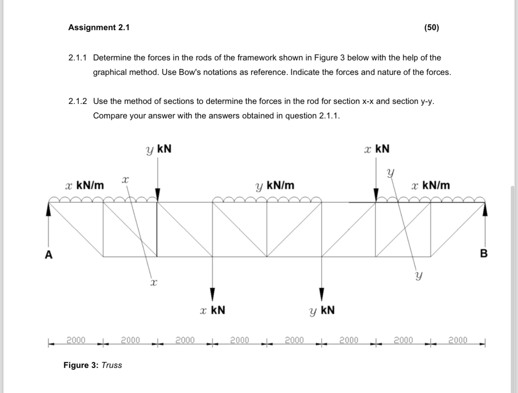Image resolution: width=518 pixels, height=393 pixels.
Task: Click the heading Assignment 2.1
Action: tap(99, 27)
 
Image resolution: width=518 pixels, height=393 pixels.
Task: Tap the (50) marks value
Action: tap(432, 27)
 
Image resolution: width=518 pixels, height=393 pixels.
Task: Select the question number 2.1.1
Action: tap(77, 58)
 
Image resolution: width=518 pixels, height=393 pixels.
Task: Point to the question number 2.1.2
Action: tap(77, 101)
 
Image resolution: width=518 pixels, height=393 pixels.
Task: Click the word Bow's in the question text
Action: tap(173, 73)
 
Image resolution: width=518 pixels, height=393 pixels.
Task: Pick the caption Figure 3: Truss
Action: tap(93, 365)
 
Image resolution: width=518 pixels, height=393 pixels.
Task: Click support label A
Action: tap(49, 254)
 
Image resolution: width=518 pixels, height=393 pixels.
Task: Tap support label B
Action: tap(484, 254)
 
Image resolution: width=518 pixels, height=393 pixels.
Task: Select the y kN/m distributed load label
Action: tap(275, 186)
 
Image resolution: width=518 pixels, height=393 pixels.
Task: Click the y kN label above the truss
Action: tap(159, 149)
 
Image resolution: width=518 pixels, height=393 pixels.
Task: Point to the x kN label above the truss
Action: tap(376, 149)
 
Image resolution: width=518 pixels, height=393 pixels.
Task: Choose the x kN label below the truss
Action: tap(212, 310)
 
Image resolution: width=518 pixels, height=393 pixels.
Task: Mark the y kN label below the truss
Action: tap(322, 310)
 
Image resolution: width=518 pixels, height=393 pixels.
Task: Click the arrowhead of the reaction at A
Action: tap(49, 208)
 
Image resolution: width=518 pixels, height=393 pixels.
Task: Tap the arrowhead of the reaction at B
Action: tap(485, 209)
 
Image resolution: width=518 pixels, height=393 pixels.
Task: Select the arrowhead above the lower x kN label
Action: tap(212, 293)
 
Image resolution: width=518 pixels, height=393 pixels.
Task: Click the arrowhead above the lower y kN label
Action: tap(322, 293)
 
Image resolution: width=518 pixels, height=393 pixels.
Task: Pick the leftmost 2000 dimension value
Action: tap(76, 340)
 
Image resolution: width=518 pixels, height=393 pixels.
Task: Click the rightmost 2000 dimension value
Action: tap(458, 340)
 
